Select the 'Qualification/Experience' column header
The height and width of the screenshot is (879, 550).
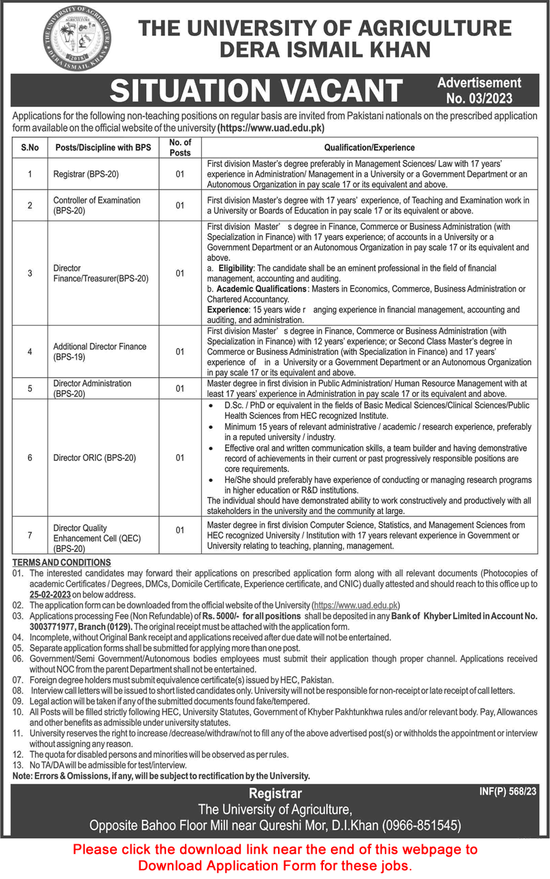(x=369, y=147)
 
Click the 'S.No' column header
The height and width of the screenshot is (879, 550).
(x=30, y=147)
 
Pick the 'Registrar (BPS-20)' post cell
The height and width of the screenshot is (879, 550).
(x=86, y=174)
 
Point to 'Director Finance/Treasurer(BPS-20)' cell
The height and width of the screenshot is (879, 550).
(x=101, y=273)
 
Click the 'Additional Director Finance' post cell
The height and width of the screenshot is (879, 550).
(x=100, y=351)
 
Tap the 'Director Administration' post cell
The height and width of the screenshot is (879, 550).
(x=92, y=388)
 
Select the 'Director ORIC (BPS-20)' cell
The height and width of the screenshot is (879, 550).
(x=94, y=458)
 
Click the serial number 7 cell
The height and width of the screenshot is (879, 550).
(x=30, y=536)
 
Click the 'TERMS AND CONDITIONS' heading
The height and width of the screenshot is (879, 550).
(x=63, y=562)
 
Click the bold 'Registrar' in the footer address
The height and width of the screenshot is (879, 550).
(x=275, y=793)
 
